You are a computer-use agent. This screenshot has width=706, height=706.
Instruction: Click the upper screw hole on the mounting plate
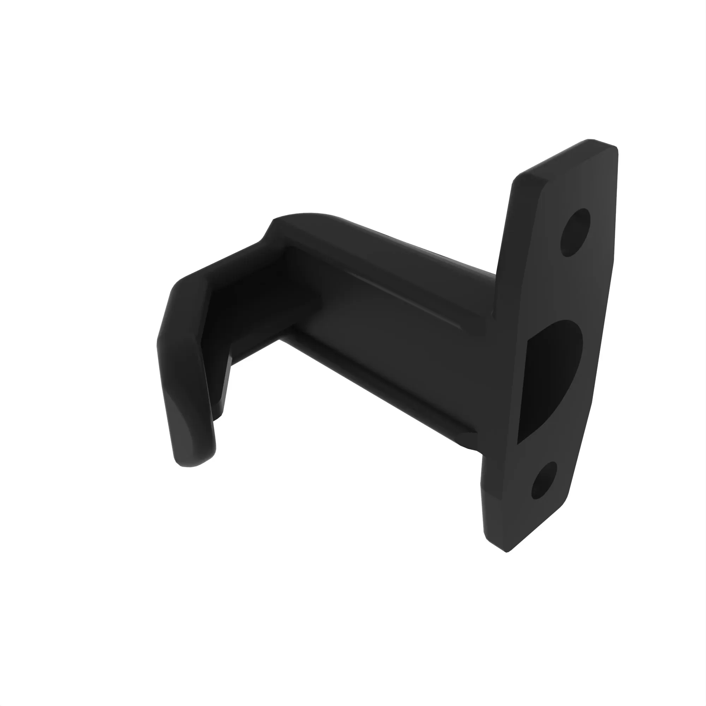point(575,232)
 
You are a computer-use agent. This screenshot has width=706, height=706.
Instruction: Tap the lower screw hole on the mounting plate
point(544,481)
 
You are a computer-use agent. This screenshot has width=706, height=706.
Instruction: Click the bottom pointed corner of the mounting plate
point(507,550)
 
